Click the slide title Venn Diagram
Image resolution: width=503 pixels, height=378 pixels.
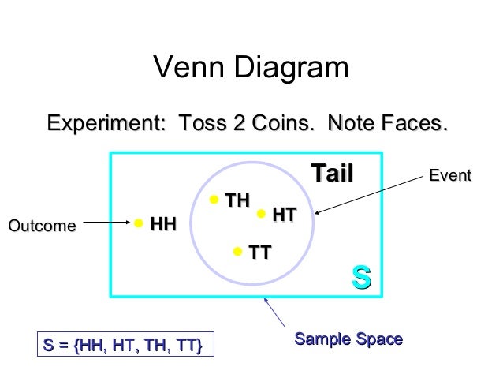tap(251, 69)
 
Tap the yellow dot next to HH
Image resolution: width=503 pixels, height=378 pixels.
tap(139, 224)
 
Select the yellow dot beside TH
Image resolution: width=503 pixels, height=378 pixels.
tap(214, 200)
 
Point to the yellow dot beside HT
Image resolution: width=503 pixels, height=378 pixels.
tap(261, 213)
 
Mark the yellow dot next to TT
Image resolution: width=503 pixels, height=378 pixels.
tap(237, 253)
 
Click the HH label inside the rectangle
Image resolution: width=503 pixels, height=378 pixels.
tap(163, 225)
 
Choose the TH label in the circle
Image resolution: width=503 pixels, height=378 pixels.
tap(237, 200)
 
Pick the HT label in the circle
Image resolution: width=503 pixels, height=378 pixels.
tap(284, 214)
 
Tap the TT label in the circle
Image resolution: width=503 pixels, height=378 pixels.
tap(260, 253)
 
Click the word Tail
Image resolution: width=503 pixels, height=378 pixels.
tap(332, 173)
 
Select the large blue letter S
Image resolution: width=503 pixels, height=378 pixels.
tap(361, 277)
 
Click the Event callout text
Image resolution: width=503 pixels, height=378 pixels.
tap(449, 175)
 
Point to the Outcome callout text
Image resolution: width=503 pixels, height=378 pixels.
tap(42, 226)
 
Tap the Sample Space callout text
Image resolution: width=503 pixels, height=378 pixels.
tap(348, 340)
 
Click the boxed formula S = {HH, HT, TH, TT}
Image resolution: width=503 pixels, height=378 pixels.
tap(124, 346)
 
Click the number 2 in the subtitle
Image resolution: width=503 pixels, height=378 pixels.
tap(259, 124)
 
